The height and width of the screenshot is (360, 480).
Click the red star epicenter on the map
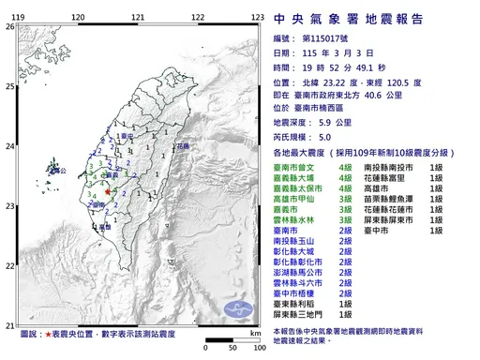(108, 191)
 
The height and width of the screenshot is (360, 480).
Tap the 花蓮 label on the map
(182, 147)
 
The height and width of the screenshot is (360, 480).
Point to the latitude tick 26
(9, 26)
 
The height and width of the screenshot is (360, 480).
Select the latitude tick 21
(9, 321)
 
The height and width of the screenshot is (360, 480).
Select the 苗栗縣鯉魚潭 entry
(404, 199)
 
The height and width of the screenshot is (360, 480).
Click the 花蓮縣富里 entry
(398, 176)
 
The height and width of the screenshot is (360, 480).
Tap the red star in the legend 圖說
(46, 334)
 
